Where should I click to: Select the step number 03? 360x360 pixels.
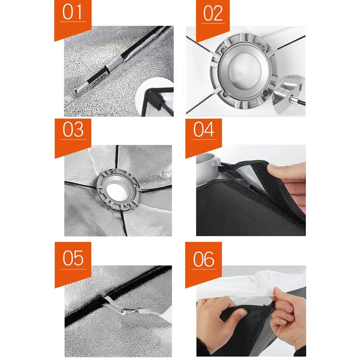(x=73, y=129)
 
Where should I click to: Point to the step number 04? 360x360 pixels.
(x=204, y=129)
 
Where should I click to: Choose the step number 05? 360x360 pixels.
(x=73, y=258)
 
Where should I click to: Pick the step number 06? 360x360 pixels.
(x=204, y=259)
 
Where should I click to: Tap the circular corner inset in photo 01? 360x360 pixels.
(x=155, y=97)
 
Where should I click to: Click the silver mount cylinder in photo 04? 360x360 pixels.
(x=206, y=169)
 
